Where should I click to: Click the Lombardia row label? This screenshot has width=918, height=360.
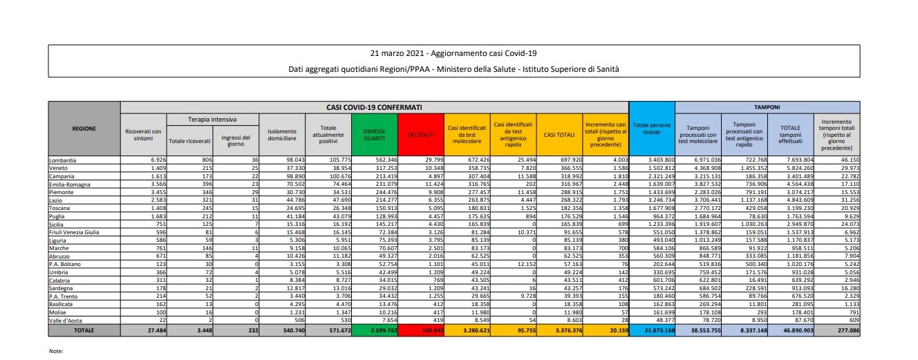coord(63,160)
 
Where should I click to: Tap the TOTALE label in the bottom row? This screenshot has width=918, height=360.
coord(84,331)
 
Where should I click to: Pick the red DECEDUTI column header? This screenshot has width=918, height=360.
coord(420,131)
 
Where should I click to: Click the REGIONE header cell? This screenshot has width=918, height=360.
coord(84,129)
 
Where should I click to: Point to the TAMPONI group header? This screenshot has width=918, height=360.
coord(767,108)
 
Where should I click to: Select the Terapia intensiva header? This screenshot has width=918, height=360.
coord(214,120)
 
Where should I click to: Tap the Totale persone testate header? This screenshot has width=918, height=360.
coord(651,131)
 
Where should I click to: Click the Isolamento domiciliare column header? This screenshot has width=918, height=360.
coord(281,135)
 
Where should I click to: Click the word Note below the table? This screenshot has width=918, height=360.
coord(55,351)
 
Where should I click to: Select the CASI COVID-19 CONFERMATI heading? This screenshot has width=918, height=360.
coord(375,108)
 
